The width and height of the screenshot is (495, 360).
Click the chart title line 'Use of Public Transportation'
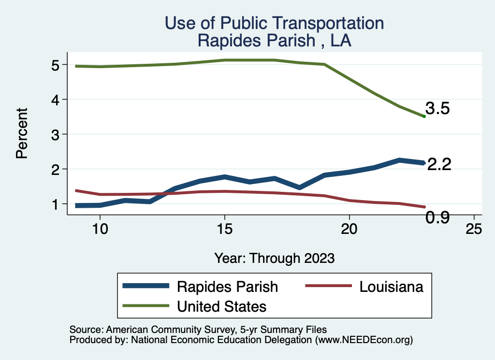274,23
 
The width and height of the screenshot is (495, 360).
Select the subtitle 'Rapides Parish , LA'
274,41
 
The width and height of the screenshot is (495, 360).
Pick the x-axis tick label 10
100,229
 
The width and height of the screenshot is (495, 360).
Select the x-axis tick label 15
224,229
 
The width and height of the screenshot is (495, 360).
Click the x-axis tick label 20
349,229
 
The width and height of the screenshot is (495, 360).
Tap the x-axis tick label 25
474,229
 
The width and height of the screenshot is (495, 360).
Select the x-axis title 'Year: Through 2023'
274,258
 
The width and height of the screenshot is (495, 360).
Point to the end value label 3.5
437,109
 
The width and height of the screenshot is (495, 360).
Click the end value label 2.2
439,164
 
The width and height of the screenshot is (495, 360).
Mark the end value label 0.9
437,218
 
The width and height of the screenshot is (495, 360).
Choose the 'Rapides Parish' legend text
227,287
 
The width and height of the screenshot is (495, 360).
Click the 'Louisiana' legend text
391,287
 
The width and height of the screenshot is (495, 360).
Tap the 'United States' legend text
222,306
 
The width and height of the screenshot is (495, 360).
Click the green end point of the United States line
424,116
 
